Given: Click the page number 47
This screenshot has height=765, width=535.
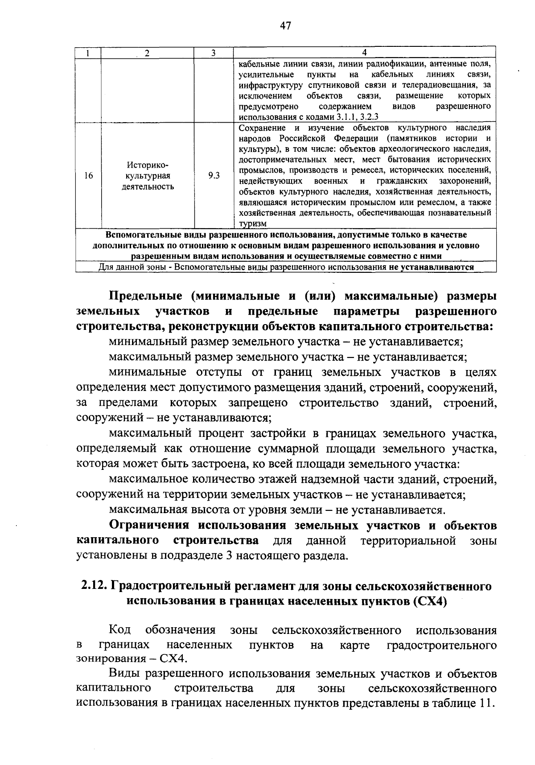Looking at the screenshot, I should click(285, 26).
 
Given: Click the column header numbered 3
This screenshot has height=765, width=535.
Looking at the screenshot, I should click(214, 53).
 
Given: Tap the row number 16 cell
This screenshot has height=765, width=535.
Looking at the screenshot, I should click(88, 176).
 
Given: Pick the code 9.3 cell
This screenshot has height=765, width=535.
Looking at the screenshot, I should click(214, 176).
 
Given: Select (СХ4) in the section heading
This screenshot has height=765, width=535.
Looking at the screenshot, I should click(430, 601).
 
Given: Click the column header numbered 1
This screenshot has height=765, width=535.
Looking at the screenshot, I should click(88, 53).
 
